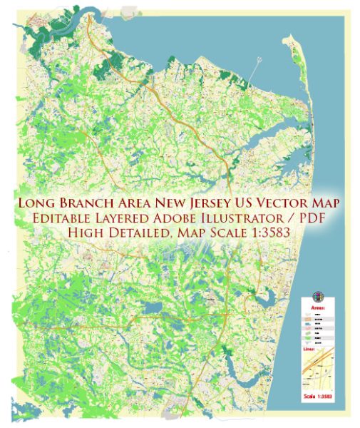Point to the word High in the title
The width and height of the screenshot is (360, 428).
[x=85, y=235]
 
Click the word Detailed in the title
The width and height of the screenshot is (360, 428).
[x=140, y=235]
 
